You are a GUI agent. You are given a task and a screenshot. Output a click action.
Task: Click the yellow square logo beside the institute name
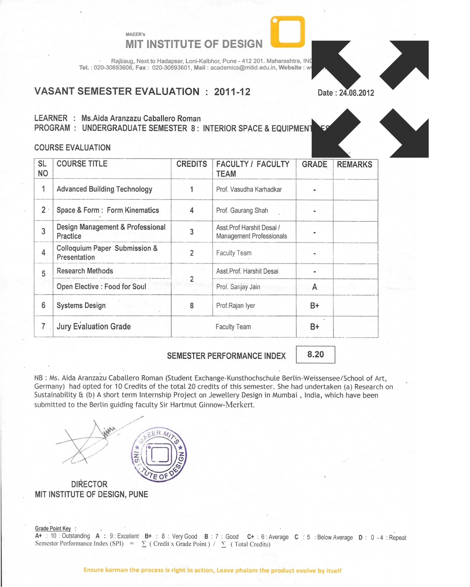(x=288, y=32)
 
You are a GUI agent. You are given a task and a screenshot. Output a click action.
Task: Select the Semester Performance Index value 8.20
(x=315, y=354)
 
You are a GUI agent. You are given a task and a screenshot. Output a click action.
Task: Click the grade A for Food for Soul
(x=315, y=287)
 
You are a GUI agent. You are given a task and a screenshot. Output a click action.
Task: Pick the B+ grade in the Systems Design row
(x=315, y=306)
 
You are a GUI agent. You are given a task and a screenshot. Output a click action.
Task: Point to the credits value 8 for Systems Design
(x=192, y=306)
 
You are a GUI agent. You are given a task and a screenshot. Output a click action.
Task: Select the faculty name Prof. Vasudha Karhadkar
(x=249, y=189)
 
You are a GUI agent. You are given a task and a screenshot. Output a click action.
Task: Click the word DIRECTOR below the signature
(x=89, y=484)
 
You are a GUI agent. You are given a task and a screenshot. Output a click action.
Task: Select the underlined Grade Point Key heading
(x=53, y=528)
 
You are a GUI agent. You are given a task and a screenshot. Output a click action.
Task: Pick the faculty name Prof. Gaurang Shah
(x=242, y=211)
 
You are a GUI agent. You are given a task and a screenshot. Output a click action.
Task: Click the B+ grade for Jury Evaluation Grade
(x=315, y=327)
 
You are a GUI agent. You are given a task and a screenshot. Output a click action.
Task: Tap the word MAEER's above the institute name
(x=135, y=34)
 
